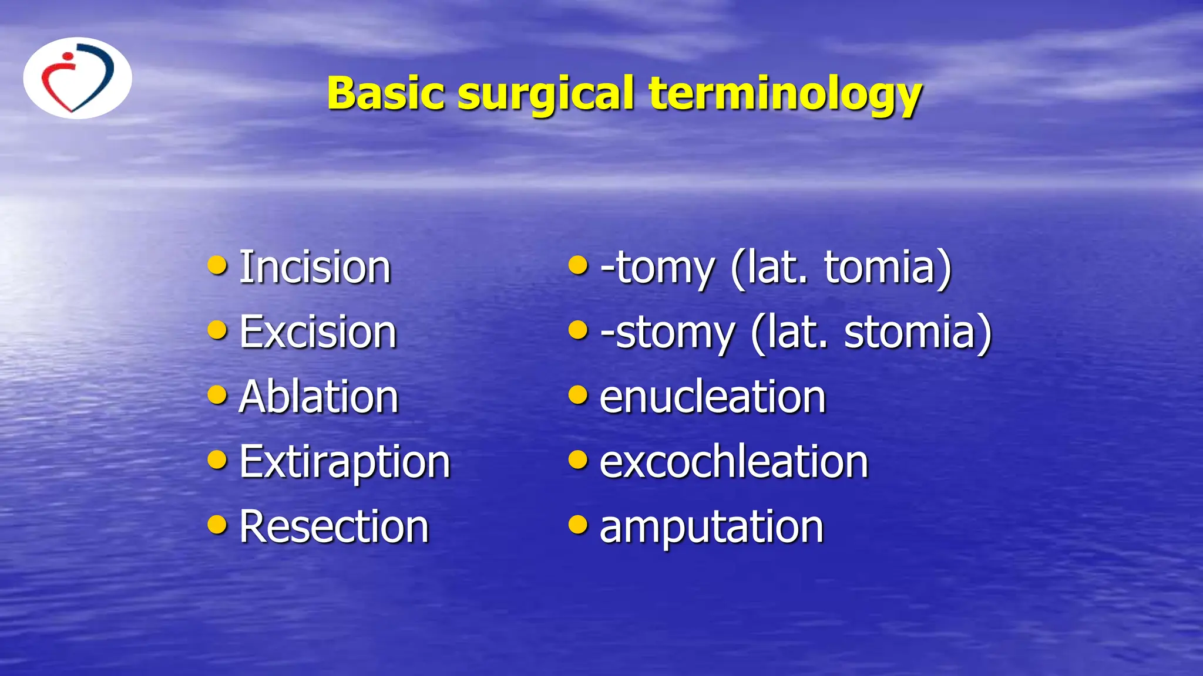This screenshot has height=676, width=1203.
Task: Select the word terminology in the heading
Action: [785, 94]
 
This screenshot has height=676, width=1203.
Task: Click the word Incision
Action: [315, 268]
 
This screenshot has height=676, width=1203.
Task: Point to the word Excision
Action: [318, 332]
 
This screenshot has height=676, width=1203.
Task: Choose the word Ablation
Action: [319, 397]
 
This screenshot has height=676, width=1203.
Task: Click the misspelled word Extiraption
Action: [345, 462]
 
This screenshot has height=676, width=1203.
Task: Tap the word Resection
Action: [334, 527]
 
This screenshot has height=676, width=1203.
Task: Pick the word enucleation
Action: [713, 397]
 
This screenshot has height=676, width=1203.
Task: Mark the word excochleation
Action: [734, 462]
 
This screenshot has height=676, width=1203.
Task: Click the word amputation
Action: [711, 527]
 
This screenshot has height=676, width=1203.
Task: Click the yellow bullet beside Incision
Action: [217, 265]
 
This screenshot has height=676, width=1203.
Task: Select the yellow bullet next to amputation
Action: [578, 524]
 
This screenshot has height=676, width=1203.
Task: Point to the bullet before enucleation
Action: [578, 395]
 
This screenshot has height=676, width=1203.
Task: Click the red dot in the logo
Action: [68, 57]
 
